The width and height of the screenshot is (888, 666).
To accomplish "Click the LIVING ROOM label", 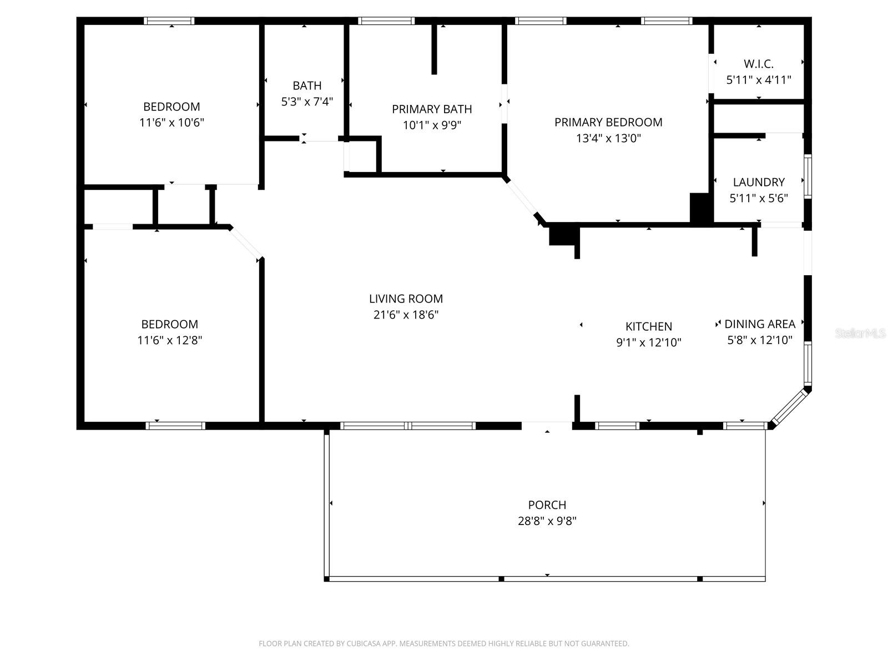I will click(x=406, y=299).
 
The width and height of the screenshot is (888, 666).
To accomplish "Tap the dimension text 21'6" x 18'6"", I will click(x=406, y=315).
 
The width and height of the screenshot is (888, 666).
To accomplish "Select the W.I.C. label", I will click(x=758, y=64).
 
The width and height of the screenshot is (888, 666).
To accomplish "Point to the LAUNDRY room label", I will click(x=758, y=182).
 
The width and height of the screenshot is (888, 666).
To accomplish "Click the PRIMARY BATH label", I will click(x=432, y=109).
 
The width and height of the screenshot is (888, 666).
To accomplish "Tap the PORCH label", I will click(x=547, y=505).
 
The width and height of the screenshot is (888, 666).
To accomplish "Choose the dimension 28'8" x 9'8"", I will click(x=547, y=521).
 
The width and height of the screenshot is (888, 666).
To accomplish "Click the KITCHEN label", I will click(x=648, y=326).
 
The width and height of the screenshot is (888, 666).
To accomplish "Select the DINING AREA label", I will click(x=759, y=324).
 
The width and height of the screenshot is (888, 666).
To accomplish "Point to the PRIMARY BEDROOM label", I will click(x=608, y=122).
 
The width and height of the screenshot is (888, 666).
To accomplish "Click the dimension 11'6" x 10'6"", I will click(x=171, y=122).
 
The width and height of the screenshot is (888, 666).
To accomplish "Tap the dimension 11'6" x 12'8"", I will click(x=169, y=340).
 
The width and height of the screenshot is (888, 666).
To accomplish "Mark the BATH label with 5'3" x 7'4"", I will click(x=307, y=85).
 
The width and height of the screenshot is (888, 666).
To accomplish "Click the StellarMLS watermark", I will click(x=860, y=333).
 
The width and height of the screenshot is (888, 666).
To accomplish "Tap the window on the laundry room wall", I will click(x=808, y=177).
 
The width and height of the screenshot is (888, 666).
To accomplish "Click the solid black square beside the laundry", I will click(x=700, y=208).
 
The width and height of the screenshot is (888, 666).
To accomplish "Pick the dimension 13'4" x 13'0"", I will click(x=608, y=138).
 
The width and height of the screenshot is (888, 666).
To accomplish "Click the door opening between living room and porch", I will click(x=547, y=426).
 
